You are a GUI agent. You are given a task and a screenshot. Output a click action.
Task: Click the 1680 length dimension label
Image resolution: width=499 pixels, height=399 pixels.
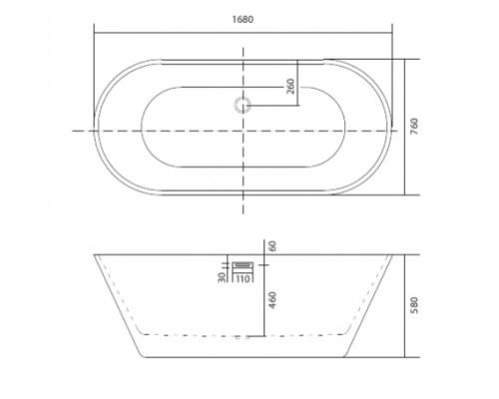point(243,19)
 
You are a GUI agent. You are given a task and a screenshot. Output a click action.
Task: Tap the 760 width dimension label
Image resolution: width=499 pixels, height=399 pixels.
point(414,126)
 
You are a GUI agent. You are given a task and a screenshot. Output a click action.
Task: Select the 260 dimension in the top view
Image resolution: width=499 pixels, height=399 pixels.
point(290,86)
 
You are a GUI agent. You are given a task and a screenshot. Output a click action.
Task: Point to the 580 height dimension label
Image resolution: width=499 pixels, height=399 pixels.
point(414,305)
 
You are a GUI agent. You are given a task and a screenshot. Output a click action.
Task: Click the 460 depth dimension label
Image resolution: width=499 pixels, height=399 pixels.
point(272,300)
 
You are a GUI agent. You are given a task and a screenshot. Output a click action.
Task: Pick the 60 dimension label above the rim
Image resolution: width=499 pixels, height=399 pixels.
point(272,245)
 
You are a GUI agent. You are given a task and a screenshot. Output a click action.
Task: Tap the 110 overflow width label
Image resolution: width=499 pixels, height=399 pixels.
point(243,278)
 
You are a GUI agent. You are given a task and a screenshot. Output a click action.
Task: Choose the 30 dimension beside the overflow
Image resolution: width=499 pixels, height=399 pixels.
point(222,277)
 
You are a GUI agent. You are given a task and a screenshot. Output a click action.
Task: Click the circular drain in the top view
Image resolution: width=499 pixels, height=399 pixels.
point(243,105)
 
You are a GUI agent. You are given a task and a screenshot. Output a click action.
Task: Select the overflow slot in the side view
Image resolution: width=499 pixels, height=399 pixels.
point(243,264)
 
